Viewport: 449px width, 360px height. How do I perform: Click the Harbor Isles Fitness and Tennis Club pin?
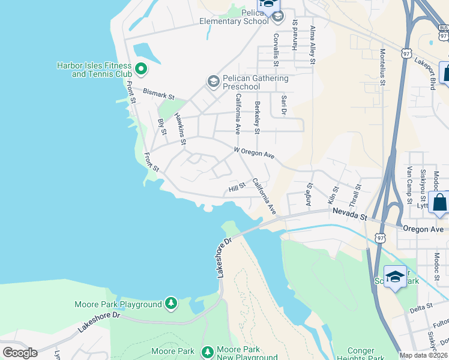click(140, 69)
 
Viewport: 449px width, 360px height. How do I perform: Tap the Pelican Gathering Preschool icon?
click(212, 81)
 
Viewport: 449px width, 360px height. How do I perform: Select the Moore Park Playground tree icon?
click(171, 304)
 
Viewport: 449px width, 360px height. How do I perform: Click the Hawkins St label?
click(179, 128)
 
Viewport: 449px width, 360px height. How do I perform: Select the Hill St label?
click(237, 188)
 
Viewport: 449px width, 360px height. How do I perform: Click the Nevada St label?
click(350, 215)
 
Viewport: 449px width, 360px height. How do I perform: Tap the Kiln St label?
click(333, 194)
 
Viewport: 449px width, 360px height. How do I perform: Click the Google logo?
click(20, 353)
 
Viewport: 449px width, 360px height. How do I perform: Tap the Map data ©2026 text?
click(423, 355)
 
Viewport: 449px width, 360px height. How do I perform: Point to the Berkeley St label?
click(257, 118)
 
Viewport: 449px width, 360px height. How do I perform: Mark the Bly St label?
click(161, 127)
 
